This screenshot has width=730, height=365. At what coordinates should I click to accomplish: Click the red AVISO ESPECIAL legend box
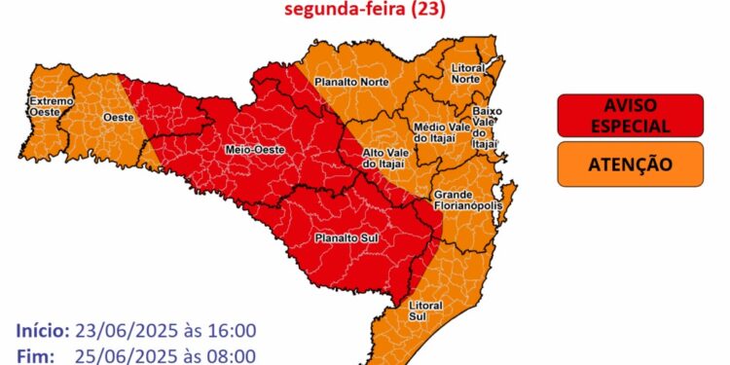pyautogui.click(x=631, y=115)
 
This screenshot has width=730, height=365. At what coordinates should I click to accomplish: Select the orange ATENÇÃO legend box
pyautogui.click(x=631, y=164)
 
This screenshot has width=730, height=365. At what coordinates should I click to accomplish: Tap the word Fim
pyautogui.click(x=35, y=355)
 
